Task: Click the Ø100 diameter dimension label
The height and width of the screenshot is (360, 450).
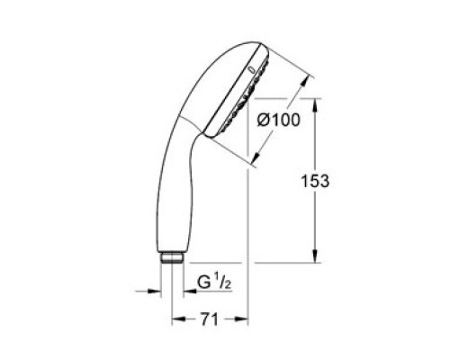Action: tap(278, 120)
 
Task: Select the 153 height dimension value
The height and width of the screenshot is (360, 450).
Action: tap(315, 181)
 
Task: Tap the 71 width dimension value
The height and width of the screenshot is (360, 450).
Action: tap(209, 319)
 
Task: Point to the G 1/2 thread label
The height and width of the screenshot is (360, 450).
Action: tap(214, 283)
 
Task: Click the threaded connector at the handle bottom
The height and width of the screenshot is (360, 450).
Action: tap(172, 258)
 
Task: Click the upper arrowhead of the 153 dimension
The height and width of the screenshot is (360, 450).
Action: tap(315, 105)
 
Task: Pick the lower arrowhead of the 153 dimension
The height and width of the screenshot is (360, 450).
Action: tap(315, 256)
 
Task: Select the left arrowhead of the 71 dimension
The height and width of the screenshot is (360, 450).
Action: tap(179, 319)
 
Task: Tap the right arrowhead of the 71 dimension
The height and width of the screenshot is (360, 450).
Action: tap(241, 319)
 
